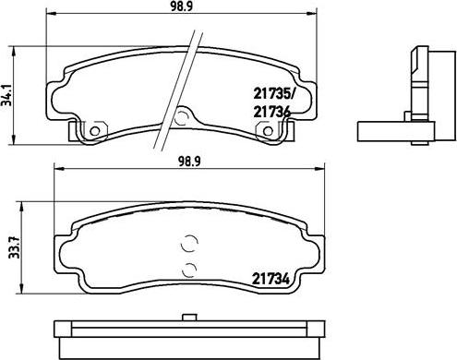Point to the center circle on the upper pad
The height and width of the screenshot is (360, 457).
182,118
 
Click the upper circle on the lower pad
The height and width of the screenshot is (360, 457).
190,244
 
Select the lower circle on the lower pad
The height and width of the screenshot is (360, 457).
190,271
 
